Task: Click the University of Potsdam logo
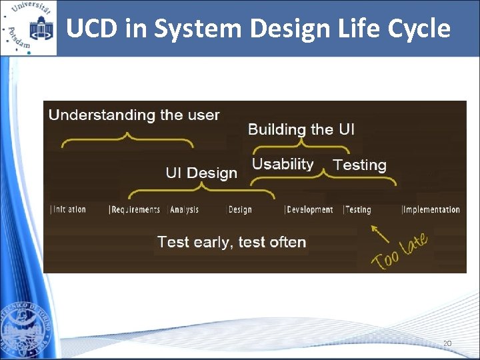click(x=28, y=28)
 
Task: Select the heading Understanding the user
click(x=134, y=115)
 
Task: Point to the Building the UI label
click(x=301, y=129)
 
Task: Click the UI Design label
click(x=201, y=173)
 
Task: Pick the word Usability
click(x=283, y=164)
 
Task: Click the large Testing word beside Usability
click(x=359, y=165)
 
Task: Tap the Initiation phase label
click(x=69, y=209)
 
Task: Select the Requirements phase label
click(x=135, y=209)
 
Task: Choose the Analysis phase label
click(x=184, y=209)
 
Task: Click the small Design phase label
click(x=239, y=209)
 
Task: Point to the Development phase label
click(x=309, y=209)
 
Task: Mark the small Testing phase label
click(x=357, y=209)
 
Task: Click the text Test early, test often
click(x=231, y=242)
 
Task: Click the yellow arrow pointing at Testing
click(x=380, y=234)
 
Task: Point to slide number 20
click(x=447, y=343)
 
